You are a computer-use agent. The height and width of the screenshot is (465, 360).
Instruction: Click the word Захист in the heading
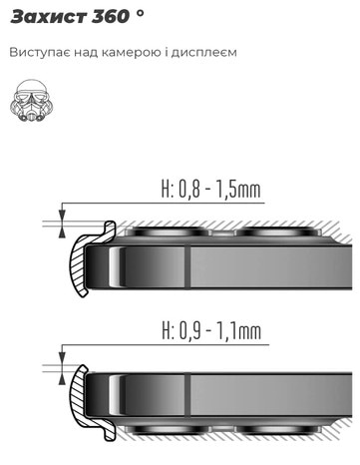49,17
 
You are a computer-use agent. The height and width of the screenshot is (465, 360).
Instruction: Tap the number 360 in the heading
111,17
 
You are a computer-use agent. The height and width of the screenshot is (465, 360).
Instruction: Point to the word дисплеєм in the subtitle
203,53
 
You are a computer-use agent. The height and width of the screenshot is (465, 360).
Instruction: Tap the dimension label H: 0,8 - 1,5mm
211,190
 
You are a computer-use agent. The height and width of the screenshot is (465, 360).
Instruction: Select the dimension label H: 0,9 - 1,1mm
211,330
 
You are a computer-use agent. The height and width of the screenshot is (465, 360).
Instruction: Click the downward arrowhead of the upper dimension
62,215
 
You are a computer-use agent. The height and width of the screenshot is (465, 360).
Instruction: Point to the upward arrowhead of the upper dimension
62,232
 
